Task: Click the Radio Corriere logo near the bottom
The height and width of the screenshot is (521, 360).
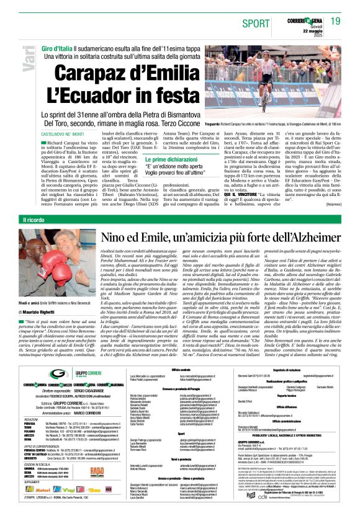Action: click(97, 471)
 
